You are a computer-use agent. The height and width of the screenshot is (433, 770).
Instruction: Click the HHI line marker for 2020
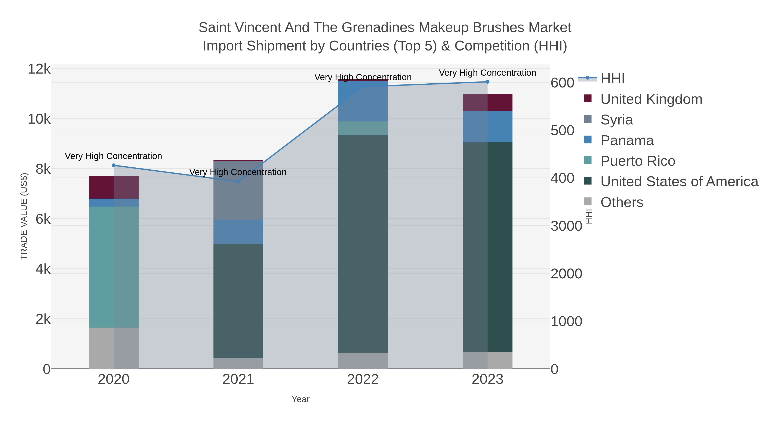point(114,165)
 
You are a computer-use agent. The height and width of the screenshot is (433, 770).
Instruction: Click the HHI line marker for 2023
point(487,82)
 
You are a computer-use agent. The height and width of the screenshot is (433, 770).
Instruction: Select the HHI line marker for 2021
point(238,181)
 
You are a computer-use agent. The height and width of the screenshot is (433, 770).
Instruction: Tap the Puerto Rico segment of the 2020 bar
point(114,267)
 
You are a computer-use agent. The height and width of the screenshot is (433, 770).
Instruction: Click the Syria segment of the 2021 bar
point(238,190)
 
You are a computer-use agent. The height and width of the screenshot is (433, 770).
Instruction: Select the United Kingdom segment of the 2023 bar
point(487,102)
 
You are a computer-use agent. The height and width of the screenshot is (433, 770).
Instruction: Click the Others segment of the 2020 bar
point(114,348)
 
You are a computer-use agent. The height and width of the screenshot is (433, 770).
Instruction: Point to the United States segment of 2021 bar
point(238,301)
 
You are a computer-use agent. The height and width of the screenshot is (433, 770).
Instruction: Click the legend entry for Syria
point(616,120)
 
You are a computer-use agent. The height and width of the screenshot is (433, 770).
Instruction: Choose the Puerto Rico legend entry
point(638,161)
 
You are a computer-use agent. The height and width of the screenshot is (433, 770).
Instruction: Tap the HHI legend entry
point(612,79)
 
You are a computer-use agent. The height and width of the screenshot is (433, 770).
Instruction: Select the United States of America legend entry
point(679,182)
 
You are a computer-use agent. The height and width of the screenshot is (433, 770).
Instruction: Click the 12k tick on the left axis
point(39,69)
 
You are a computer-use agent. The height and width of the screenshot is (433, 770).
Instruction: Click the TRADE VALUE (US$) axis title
point(24,216)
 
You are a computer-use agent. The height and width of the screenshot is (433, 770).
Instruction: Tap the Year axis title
point(301,399)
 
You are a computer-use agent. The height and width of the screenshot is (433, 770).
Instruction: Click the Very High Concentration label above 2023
point(487,73)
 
